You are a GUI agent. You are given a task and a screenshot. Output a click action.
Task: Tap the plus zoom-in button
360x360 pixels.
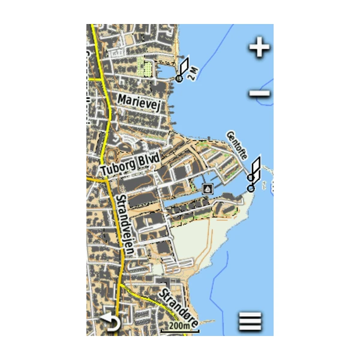click(259, 47)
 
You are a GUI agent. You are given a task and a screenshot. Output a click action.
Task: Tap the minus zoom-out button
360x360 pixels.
click(260, 94)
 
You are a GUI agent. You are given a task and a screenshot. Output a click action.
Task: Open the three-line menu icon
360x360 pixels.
click(250, 322)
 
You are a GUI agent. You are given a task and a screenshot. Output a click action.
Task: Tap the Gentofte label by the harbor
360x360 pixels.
click(238, 144)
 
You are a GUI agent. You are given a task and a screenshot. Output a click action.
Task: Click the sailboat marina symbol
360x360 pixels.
click(208, 189)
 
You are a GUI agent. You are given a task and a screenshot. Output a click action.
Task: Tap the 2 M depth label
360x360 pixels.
click(193, 74)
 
